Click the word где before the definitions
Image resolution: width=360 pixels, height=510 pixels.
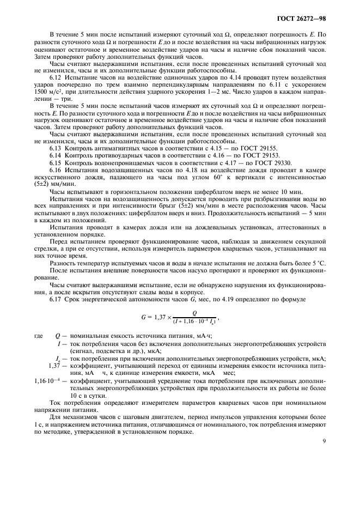coord(38,336)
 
